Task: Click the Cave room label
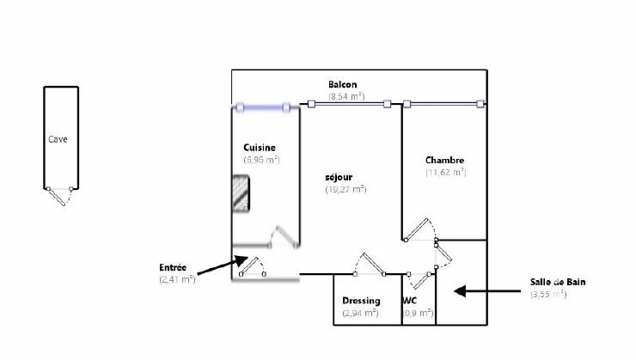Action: (58, 138)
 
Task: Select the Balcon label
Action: (342, 84)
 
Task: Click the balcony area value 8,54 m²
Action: (346, 96)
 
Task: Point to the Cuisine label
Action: (259, 147)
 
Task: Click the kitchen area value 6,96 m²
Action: (261, 159)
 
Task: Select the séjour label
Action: (339, 177)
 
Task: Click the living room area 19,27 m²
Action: (346, 189)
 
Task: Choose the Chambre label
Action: (444, 160)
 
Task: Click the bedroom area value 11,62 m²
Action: (445, 172)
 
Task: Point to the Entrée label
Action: (173, 267)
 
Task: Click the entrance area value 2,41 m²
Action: (177, 279)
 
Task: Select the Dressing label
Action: (361, 301)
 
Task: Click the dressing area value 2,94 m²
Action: (360, 313)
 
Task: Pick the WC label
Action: (410, 301)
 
